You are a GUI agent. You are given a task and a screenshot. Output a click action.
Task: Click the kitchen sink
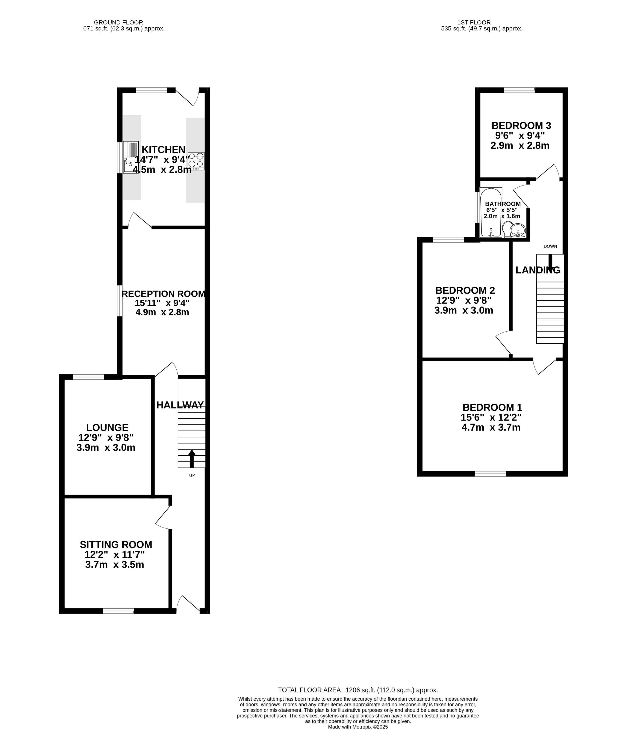pos(131,157)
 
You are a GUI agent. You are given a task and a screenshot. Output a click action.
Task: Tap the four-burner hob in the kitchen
pos(196,161)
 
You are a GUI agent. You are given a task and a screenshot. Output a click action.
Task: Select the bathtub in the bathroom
pos(491,213)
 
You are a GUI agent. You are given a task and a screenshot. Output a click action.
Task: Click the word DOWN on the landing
pos(550,246)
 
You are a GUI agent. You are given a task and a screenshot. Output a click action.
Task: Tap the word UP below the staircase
pos(192,475)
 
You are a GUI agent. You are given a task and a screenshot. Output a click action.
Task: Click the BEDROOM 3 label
pos(521,125)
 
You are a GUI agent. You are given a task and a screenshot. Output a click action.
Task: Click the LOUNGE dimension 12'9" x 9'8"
pos(106,437)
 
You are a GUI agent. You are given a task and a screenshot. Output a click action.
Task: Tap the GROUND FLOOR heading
pos(118,23)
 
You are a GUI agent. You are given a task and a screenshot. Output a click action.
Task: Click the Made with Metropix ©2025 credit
pos(358,727)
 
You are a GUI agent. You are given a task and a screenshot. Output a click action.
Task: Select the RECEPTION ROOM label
pos(164,294)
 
